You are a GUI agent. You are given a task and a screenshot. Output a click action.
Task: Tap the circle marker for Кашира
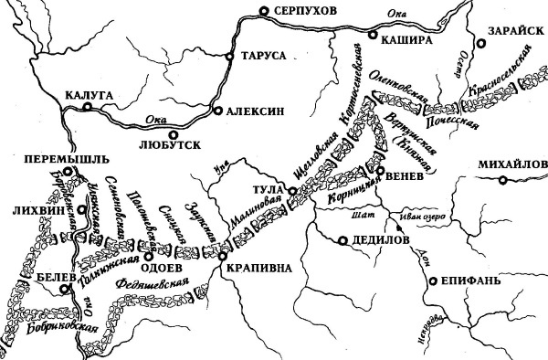(x=372, y=36)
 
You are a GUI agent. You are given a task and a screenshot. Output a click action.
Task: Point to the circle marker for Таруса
(x=229, y=56)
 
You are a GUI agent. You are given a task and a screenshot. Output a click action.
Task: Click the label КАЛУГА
(x=89, y=92)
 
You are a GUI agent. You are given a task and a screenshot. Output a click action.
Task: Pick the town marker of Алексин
(x=217, y=111)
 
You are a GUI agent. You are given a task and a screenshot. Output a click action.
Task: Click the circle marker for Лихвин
(x=79, y=210)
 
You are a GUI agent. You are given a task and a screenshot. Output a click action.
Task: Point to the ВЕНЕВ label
(x=406, y=178)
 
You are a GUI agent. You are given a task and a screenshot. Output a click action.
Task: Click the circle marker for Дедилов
(x=341, y=241)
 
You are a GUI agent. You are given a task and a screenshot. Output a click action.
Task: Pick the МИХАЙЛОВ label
(x=510, y=164)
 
